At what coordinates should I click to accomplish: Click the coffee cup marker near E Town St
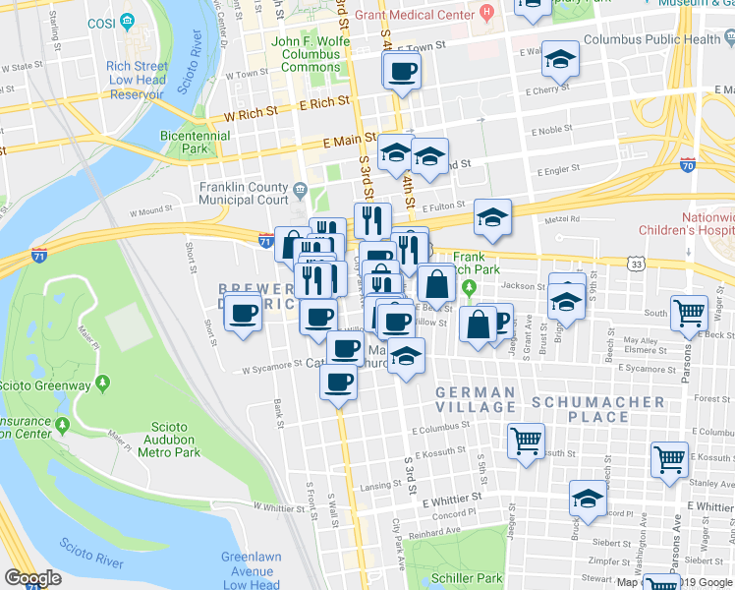(x=402, y=71)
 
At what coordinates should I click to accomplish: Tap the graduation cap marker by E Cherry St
(x=559, y=61)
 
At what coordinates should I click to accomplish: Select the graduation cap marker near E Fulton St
(x=492, y=218)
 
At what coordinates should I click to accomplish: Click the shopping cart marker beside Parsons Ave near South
(x=690, y=313)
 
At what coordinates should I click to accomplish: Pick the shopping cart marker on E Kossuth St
(x=527, y=440)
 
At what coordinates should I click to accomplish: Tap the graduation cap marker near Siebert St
(x=588, y=499)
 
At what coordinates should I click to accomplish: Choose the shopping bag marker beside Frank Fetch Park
(x=436, y=284)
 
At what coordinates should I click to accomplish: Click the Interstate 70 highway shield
(x=688, y=166)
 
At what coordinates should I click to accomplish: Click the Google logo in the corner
(x=32, y=577)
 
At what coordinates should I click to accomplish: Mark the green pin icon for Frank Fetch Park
(x=470, y=288)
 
